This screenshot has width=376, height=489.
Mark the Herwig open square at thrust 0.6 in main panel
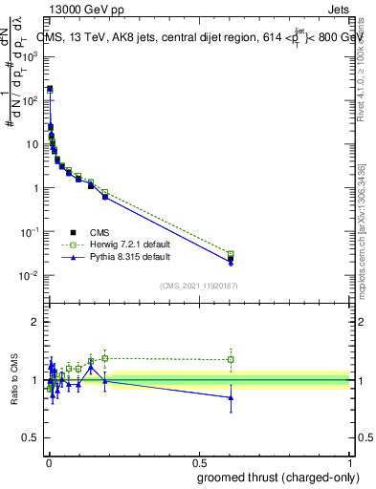click(x=231, y=254)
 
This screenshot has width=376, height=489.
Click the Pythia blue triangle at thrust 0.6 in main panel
click(x=231, y=263)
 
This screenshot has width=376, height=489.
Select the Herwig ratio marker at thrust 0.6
click(x=231, y=360)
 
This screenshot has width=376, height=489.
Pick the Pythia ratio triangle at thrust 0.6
click(x=231, y=397)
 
